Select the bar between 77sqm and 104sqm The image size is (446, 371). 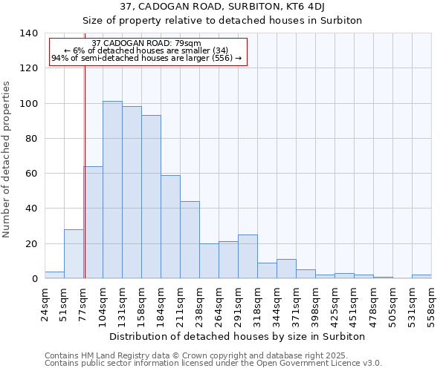93,223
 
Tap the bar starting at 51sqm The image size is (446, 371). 74,254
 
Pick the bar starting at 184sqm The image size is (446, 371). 170,227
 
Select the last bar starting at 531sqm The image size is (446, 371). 421,276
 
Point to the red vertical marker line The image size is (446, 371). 85,185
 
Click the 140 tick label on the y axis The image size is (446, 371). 28,33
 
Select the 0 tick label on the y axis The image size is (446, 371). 34,279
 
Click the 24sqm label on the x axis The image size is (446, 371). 45,304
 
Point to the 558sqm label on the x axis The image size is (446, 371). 431,304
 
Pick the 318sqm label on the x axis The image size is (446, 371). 257,304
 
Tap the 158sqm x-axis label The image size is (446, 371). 141,304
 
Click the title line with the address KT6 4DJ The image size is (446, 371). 222,7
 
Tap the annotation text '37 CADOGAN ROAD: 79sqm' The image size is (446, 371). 146,44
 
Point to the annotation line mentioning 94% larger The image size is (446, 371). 146,59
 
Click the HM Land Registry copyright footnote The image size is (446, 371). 213,355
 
